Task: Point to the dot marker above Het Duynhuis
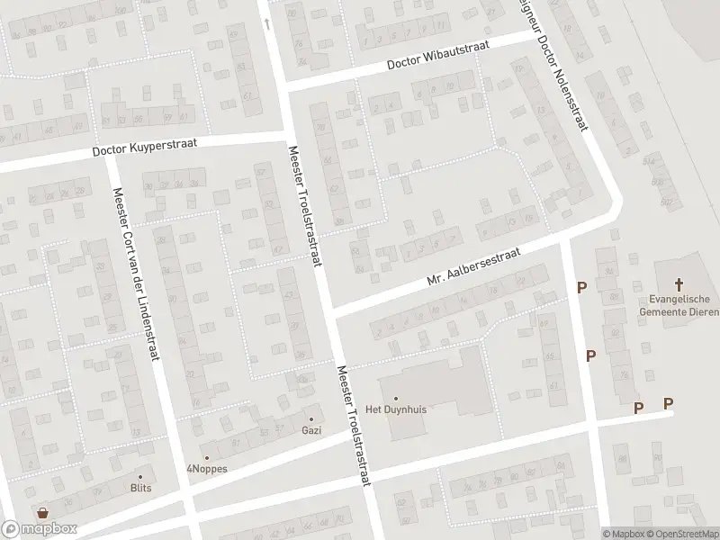(394, 398)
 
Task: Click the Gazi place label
(312, 430)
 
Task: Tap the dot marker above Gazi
(312, 418)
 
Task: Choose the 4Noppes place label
(206, 469)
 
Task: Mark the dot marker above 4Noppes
(206, 457)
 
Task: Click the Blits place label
(140, 488)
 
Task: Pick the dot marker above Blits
(140, 476)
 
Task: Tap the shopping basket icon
(41, 513)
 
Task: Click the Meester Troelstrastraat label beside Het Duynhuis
(354, 436)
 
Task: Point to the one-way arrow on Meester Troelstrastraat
(266, 22)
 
